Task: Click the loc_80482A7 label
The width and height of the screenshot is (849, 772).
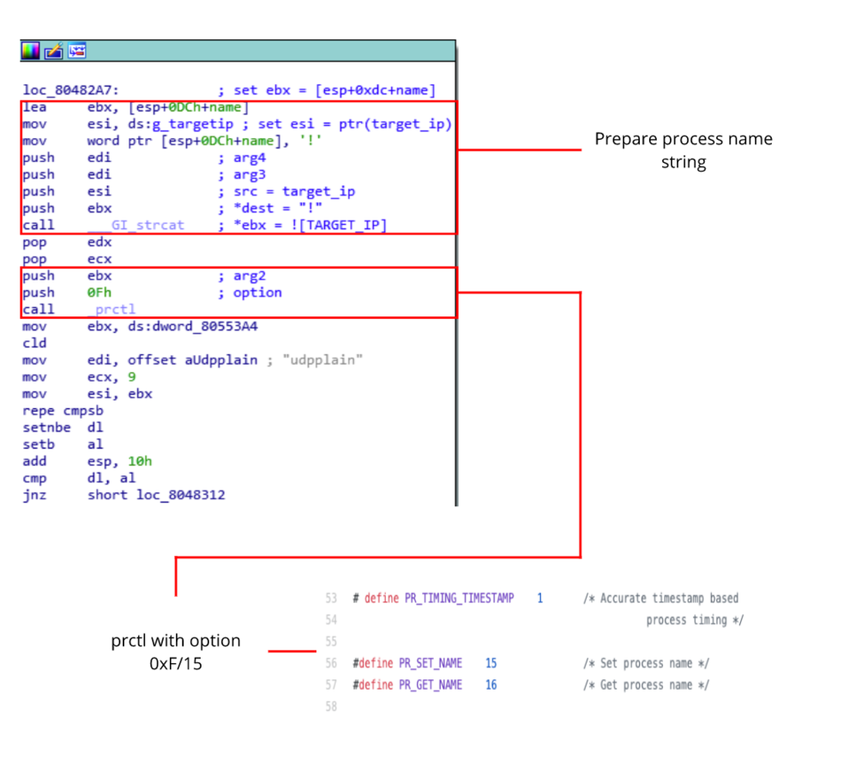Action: click(x=71, y=90)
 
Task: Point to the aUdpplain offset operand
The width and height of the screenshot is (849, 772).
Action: click(x=221, y=359)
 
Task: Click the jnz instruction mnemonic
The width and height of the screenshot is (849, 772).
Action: click(x=35, y=494)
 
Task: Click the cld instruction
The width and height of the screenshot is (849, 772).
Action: click(x=35, y=343)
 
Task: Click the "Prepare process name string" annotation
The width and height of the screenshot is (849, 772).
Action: click(x=683, y=150)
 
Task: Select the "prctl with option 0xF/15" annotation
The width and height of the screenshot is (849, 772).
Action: click(x=175, y=651)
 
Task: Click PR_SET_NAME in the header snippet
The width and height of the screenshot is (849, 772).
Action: click(x=431, y=663)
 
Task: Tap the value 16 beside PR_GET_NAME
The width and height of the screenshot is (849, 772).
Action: click(x=491, y=685)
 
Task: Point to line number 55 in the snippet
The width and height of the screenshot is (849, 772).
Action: click(x=331, y=642)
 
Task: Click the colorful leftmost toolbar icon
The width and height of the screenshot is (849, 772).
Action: click(x=31, y=51)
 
